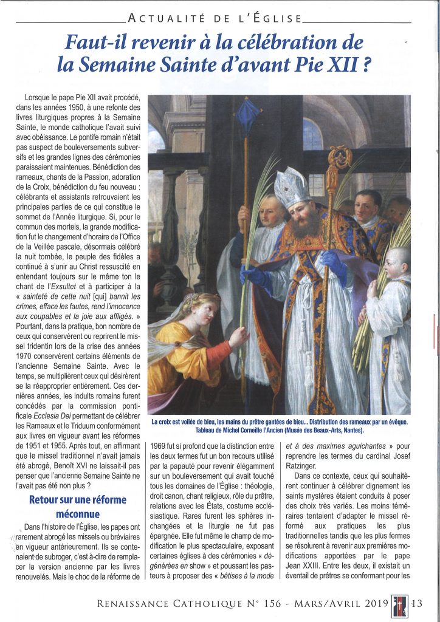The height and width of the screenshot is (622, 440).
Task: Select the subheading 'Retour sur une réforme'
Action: (x=77, y=500)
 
